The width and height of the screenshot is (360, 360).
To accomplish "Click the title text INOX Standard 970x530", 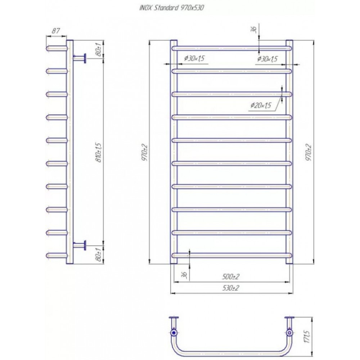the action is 171,8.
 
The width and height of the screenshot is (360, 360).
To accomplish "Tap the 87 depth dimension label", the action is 55,31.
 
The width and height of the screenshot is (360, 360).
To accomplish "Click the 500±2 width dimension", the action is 230,276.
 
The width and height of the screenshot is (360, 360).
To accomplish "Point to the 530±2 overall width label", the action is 230,288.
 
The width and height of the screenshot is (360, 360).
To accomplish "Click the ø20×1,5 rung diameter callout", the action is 261,105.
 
